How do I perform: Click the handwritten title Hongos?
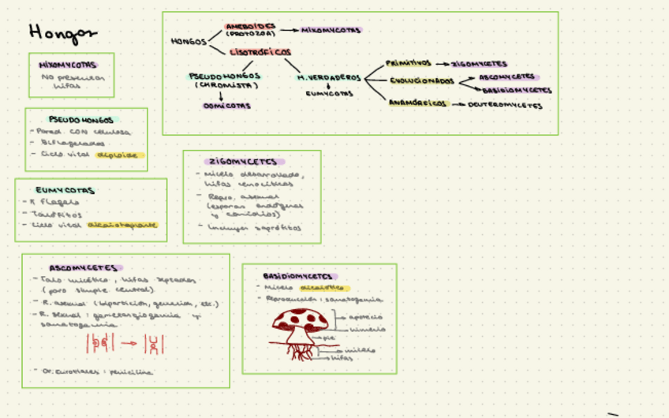[x=62, y=32]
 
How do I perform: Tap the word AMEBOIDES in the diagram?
[x=250, y=26]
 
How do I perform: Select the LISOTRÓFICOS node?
[x=260, y=51]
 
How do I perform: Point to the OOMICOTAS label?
[x=227, y=105]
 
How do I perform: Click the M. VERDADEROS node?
[x=328, y=77]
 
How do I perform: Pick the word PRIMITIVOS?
[x=409, y=63]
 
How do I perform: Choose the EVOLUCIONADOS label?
[x=422, y=80]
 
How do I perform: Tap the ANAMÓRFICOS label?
[x=418, y=103]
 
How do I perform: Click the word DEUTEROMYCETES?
[x=505, y=104]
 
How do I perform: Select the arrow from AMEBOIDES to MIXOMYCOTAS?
[x=289, y=30]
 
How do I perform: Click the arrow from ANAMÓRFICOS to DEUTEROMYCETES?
[x=458, y=104]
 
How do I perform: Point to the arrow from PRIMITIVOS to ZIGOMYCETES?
[x=442, y=64]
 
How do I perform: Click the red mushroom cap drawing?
[x=300, y=319]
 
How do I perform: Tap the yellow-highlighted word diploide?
[x=121, y=155]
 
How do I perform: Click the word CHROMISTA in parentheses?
[x=227, y=85]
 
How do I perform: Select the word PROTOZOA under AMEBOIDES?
[x=250, y=35]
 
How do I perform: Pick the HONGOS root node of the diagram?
[x=189, y=41]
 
